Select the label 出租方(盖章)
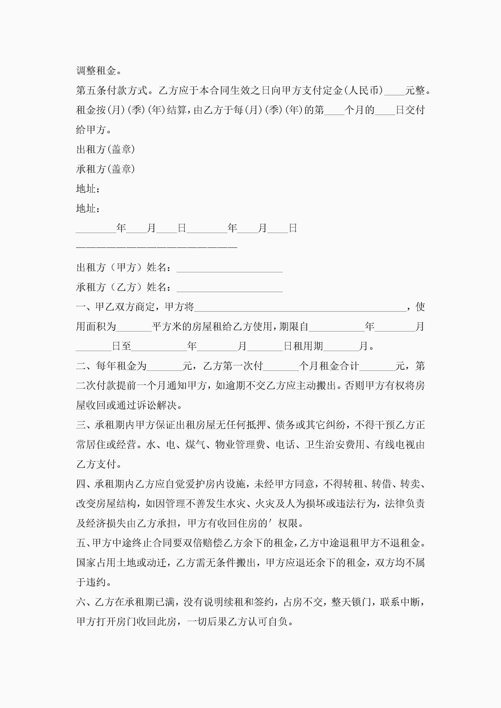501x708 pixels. click(106, 150)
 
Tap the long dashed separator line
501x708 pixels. click(157, 247)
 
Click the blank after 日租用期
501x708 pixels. click(341, 348)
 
